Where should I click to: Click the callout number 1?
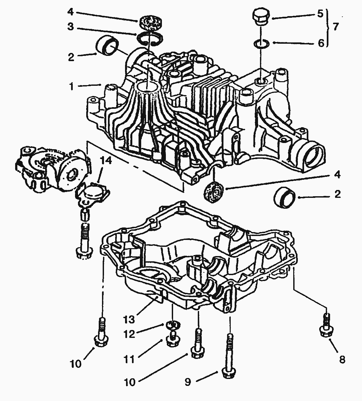click(71, 86)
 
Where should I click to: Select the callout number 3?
click(70, 27)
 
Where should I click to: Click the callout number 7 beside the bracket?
click(335, 27)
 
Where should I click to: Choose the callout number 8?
click(342, 360)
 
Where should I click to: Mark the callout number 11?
click(129, 359)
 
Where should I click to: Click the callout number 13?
click(129, 319)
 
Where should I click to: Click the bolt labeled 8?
click(325, 325)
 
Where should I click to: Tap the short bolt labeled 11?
click(171, 339)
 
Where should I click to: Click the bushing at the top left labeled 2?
click(107, 46)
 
